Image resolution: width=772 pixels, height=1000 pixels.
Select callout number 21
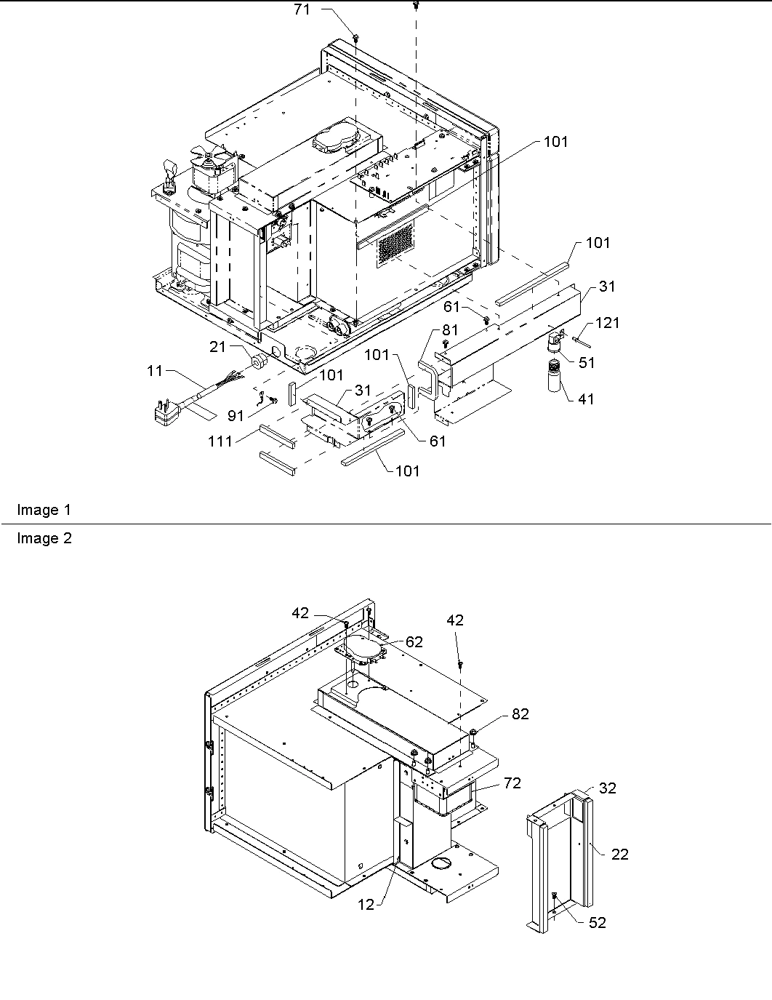coord(218,347)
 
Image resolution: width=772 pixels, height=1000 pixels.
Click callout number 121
coord(607,322)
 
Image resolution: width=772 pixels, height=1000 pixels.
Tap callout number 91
coord(236,416)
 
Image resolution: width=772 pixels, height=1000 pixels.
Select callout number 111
coord(220,441)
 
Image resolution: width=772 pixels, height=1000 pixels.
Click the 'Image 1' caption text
coord(44,511)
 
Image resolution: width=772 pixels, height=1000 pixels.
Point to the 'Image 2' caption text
coord(44,539)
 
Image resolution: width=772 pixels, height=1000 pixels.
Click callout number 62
coord(414,641)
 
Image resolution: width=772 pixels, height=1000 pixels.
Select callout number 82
coord(520,714)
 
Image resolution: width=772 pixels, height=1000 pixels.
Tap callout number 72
coord(512,783)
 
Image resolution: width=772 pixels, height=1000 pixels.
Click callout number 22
coord(619,854)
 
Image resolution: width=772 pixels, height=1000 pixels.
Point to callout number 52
coord(597,922)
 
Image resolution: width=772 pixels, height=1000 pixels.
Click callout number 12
coord(366,905)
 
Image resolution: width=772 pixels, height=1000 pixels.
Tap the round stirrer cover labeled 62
coord(366,646)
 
